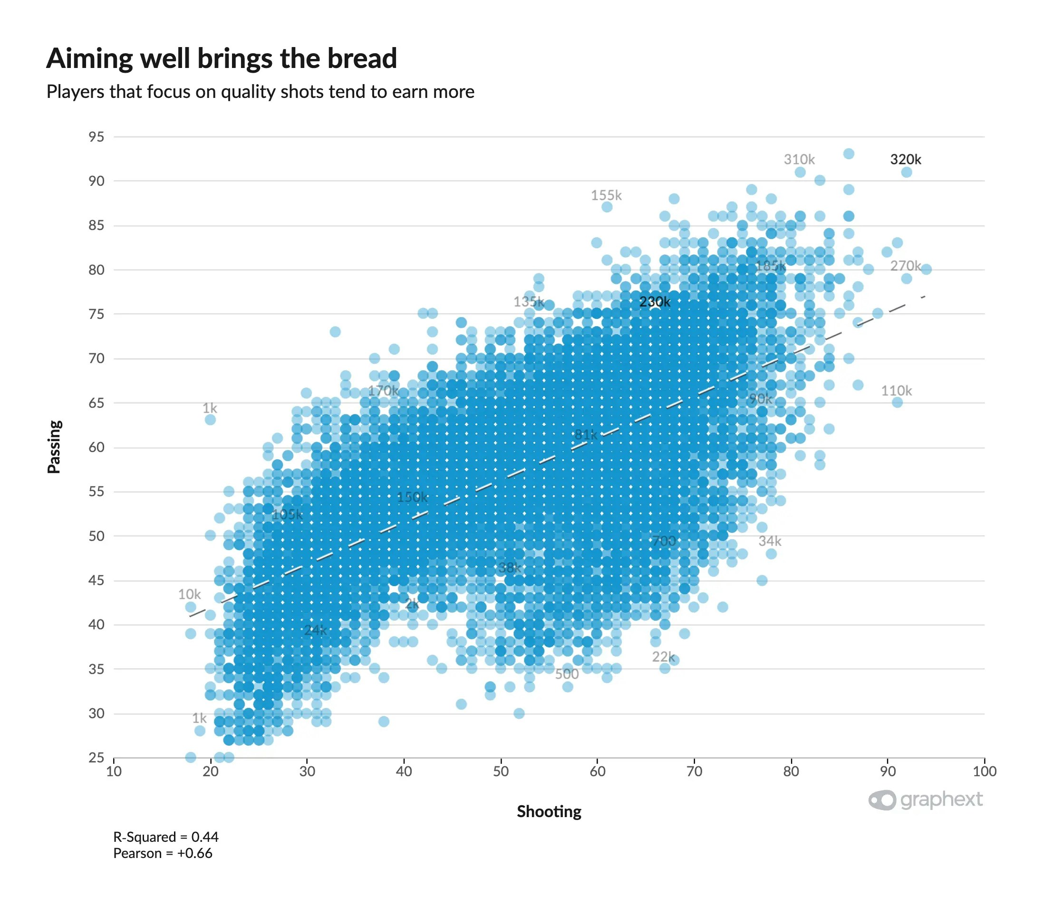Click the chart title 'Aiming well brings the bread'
[222, 58]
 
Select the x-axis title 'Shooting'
[549, 811]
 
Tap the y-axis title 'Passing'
[54, 446]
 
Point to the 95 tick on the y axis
[96, 136]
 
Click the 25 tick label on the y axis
[96, 757]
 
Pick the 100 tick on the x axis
[984, 771]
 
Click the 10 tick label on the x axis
[114, 771]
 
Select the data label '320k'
[905, 159]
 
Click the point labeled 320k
[907, 173]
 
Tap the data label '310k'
[799, 159]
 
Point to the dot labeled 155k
[607, 207]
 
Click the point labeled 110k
[897, 403]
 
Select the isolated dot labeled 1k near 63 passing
[210, 420]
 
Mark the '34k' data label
[770, 541]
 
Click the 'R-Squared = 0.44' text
[165, 837]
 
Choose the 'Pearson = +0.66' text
[162, 853]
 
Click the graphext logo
[925, 800]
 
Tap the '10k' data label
[189, 594]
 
